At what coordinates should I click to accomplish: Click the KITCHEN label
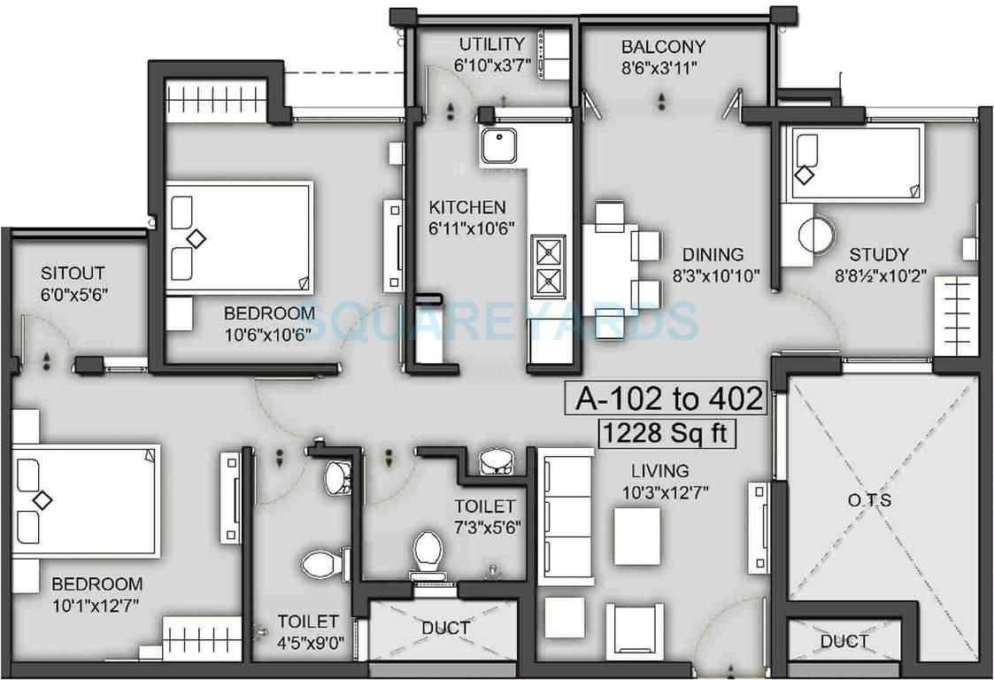[x=467, y=207]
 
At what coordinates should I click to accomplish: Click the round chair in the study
[x=816, y=235]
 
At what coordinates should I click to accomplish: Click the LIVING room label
[x=659, y=470]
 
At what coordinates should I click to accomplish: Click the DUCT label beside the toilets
[x=445, y=628]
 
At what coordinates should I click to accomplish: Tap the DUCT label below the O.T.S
[x=844, y=641]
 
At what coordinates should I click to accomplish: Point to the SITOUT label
[x=73, y=273]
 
